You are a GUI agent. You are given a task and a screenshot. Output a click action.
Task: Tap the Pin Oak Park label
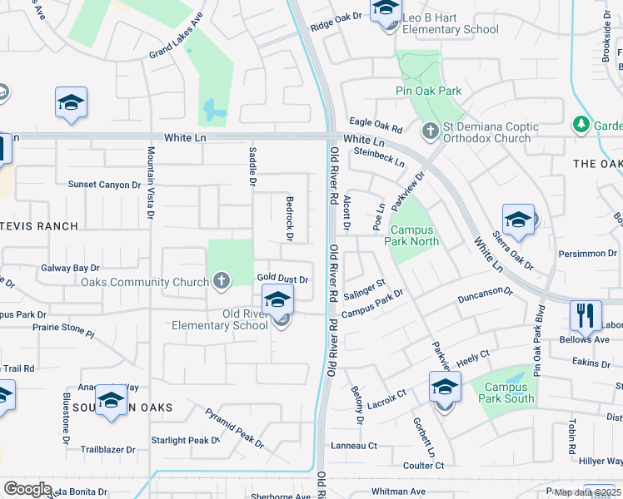tap(428, 91)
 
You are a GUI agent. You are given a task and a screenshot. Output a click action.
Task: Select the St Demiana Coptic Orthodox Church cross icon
tap(430, 131)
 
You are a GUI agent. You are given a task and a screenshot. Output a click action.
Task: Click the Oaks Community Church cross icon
tap(222, 281)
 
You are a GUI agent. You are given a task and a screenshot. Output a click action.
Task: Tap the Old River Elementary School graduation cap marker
tap(278, 300)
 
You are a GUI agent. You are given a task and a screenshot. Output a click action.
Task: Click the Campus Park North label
tap(411, 235)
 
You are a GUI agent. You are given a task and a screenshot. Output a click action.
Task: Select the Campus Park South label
tap(510, 393)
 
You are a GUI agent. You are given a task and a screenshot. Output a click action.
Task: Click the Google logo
tap(27, 489)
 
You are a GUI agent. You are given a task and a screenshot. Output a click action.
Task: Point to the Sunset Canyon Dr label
tap(104, 185)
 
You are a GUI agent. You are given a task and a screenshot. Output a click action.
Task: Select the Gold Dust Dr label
tap(283, 279)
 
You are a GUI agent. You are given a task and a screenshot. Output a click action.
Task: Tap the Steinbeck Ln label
tap(378, 156)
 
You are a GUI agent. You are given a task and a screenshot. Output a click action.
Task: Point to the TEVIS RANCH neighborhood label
tap(39, 226)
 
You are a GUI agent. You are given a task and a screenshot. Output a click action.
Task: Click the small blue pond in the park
tap(213, 110)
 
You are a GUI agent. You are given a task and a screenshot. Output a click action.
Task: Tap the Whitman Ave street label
tap(399, 492)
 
